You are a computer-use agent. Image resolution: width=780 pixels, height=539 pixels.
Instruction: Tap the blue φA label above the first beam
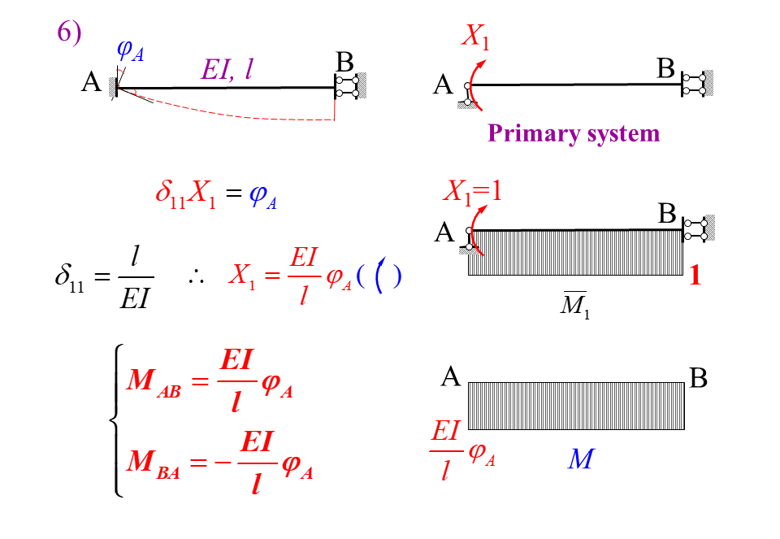click(x=130, y=50)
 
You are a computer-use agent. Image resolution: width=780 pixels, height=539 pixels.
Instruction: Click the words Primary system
click(x=574, y=133)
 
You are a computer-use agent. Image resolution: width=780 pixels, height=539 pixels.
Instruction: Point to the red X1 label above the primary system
click(x=476, y=37)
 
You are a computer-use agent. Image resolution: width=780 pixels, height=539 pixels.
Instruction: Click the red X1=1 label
click(x=473, y=192)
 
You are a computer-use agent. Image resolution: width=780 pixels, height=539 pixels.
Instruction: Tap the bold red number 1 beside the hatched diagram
click(x=695, y=276)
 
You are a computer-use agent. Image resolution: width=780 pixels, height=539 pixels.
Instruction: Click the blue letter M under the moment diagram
click(x=580, y=460)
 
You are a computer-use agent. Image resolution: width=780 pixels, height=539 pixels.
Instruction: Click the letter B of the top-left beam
click(x=344, y=62)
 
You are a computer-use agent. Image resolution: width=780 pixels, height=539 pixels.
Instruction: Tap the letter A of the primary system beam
click(x=443, y=85)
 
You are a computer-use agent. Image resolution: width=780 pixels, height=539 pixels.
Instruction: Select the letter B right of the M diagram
click(x=698, y=378)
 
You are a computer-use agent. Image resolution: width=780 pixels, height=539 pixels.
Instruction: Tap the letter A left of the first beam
click(x=91, y=82)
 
